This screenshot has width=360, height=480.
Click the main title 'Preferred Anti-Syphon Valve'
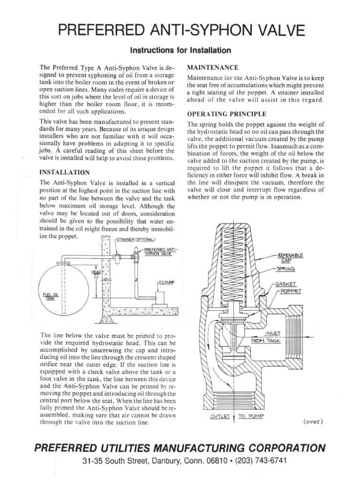pos(180,30)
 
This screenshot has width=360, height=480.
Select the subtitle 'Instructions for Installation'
pos(180,50)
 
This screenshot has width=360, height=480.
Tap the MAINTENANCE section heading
pos(213,67)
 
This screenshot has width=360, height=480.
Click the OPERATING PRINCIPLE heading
pos(227,114)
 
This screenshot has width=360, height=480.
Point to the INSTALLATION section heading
pos(65,172)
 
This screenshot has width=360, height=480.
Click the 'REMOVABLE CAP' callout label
pos(291,256)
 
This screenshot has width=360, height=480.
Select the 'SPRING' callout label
pos(285,269)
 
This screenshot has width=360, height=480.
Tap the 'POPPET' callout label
pos(292,291)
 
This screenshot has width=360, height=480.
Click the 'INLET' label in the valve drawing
pos(272,333)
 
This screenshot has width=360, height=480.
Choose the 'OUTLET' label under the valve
pos(218,416)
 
